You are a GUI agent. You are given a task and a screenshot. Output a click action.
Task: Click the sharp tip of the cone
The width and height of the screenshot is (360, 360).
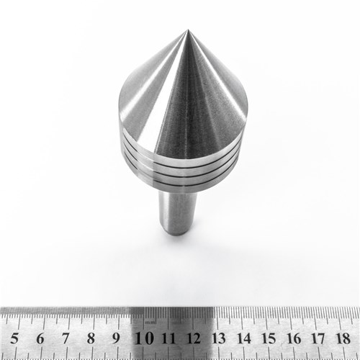187,31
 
